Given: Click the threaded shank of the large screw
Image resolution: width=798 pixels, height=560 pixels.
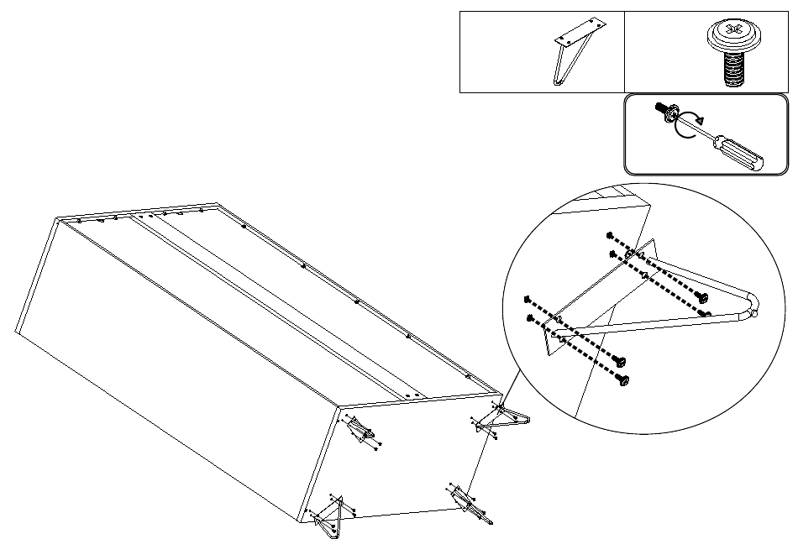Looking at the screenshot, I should coord(735,69).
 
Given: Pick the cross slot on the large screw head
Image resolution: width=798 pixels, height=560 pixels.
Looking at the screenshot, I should coord(733,31).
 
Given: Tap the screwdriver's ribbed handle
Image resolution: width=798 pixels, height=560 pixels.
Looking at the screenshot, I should coord(740,153).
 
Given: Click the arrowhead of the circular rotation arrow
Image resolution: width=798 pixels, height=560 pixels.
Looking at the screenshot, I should coord(699,119).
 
